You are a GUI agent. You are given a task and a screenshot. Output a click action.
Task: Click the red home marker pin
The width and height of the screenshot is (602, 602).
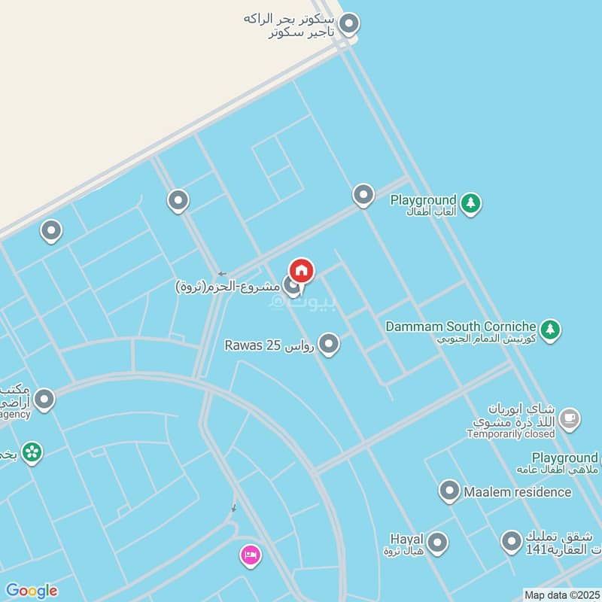coord(302,271)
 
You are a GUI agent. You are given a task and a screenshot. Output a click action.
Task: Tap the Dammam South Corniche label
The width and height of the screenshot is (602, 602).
coord(461,327)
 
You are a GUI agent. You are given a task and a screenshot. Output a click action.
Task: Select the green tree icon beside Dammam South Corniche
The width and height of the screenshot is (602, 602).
coord(552,329)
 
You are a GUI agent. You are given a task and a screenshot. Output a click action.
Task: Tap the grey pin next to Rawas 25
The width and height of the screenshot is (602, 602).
coord(328,345)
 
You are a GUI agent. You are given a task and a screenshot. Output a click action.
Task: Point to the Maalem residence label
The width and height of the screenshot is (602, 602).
coord(517,492)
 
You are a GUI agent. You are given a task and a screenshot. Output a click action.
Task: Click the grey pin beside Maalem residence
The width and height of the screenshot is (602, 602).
coord(449,491)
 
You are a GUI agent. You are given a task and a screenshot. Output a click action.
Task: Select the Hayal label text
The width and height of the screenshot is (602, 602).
coord(406,540)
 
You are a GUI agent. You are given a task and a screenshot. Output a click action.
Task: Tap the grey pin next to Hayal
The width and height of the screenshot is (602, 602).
coord(437,542)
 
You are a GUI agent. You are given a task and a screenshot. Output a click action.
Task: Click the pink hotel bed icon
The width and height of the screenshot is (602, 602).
coord(251,556)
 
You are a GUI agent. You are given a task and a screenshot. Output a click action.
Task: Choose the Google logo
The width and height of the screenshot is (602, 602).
coord(31,591)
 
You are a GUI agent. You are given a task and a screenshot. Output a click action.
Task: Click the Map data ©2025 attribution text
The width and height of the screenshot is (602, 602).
coord(561,595)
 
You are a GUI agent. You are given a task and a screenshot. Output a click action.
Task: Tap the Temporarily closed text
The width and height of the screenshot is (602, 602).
coord(511,434)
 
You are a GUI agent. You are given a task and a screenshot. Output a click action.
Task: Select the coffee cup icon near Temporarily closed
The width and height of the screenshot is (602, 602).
coord(570,418)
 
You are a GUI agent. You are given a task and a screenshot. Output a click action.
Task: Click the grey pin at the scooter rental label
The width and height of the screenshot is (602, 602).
coord(348,24)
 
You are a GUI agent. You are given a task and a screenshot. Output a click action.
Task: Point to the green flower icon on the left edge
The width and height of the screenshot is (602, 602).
coord(32,451)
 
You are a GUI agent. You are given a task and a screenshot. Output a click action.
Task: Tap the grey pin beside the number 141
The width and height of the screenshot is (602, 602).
coord(512,541)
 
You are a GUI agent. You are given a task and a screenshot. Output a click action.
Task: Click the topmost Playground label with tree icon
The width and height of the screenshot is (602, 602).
coord(423,200)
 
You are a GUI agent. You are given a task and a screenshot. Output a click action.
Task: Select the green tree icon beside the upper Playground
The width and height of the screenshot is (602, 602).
coord(470,202)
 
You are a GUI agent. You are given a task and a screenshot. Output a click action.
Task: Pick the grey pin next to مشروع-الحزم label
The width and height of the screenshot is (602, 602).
coord(290,285)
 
